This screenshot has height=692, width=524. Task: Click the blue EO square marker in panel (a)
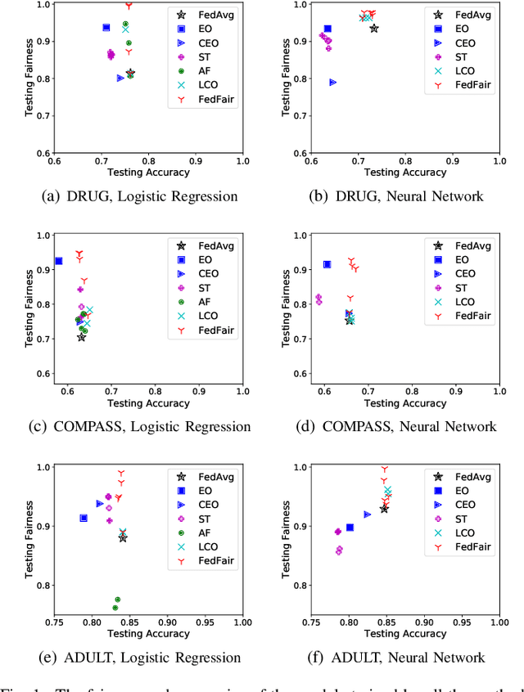pyautogui.click(x=106, y=28)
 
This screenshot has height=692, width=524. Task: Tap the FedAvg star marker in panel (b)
pyautogui.click(x=374, y=29)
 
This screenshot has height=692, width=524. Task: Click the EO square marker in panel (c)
pyautogui.click(x=59, y=261)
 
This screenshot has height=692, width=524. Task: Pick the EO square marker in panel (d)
pyautogui.click(x=327, y=264)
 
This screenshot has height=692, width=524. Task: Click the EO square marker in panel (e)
pyautogui.click(x=84, y=518)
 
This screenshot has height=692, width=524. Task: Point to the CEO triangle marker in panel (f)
pyautogui.click(x=367, y=514)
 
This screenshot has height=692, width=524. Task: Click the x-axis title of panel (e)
pyautogui.click(x=148, y=634)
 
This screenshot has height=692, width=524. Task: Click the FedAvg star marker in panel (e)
pyautogui.click(x=123, y=537)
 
